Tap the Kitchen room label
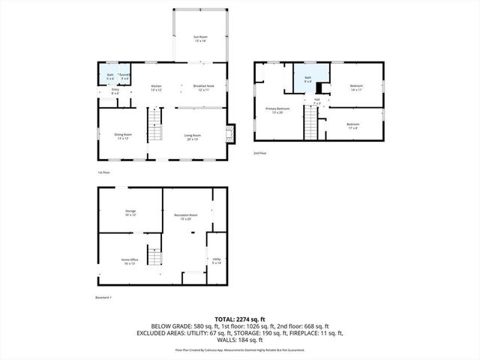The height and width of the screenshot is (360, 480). pos(157,88)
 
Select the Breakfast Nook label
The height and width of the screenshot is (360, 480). pos(203,88)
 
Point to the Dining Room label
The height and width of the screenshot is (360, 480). pos(124,136)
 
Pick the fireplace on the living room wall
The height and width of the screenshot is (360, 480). pos(231,133)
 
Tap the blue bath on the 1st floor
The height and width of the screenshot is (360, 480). pos(109,76)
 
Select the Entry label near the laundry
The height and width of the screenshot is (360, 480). pos(115,91)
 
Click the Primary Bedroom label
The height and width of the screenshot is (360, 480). pos(277,110)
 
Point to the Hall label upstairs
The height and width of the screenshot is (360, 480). pos(317,100)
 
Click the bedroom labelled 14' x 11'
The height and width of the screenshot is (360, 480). pos(356,88)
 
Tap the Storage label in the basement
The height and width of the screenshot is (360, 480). pos(130,213)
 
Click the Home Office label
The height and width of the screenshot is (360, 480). pos(130,261)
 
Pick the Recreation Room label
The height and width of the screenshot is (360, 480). pos(186,217)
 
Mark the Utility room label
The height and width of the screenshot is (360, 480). pos(216,262)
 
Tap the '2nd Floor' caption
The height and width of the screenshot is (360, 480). pos(260,153)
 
